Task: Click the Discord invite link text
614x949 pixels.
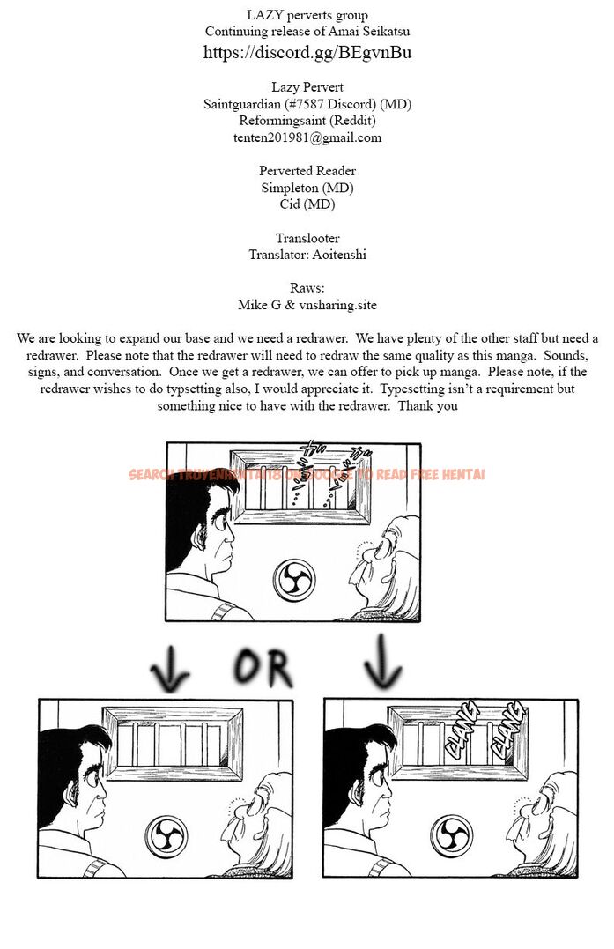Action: (x=307, y=52)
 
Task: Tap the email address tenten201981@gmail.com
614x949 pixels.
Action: (x=307, y=137)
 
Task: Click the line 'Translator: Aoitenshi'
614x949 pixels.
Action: (x=307, y=255)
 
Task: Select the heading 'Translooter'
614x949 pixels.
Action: (x=307, y=239)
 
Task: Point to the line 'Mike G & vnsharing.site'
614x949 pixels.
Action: (x=307, y=305)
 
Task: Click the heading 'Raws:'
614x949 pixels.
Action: (x=307, y=288)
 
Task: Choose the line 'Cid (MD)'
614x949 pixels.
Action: (x=307, y=204)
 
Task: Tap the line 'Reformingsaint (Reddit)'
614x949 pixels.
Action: (x=307, y=120)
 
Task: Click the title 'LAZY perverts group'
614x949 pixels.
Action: (x=307, y=15)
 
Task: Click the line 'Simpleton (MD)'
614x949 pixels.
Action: (x=307, y=188)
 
